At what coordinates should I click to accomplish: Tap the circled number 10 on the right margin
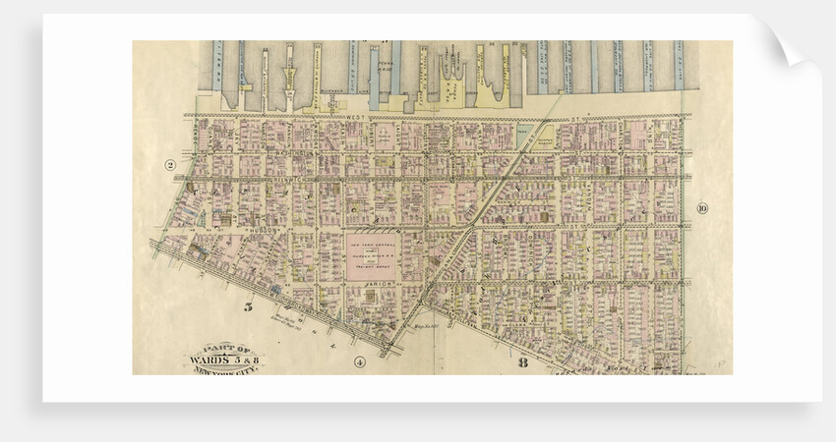pos(701,207)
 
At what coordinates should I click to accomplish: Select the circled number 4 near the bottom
pos(359,361)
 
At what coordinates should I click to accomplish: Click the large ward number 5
pos(249,307)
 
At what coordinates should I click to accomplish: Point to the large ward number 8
pos(522,362)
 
